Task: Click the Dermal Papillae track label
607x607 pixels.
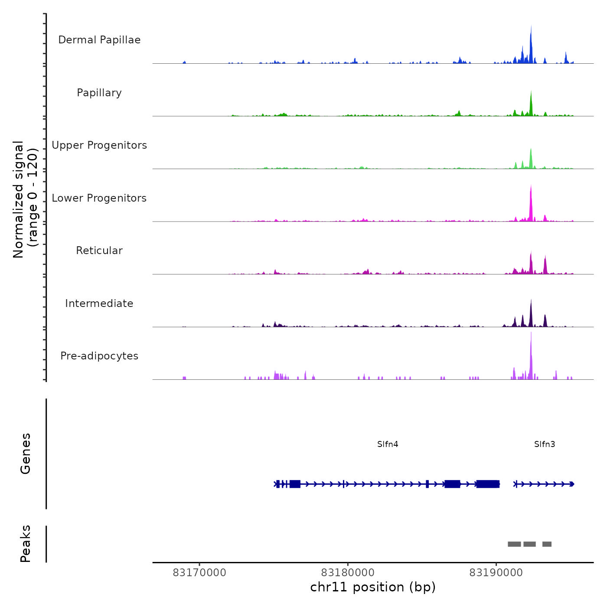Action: [x=99, y=40]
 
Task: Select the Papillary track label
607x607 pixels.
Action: [x=99, y=93]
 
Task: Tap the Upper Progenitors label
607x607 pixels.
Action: [x=99, y=145]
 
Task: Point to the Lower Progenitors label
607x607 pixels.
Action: [x=99, y=198]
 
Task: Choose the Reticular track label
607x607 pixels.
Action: [x=99, y=251]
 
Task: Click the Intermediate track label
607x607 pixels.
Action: [x=99, y=303]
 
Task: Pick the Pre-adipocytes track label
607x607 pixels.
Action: [x=99, y=356]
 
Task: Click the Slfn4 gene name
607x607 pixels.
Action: [x=388, y=444]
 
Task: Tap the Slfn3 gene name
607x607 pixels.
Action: [x=545, y=444]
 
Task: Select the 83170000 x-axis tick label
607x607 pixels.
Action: [x=199, y=573]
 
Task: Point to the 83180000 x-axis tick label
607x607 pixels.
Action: [x=348, y=573]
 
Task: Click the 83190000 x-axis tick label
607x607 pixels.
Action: [x=496, y=573]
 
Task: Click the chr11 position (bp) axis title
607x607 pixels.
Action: [x=373, y=587]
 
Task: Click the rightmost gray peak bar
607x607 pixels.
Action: [x=547, y=544]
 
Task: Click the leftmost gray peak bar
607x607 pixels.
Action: [x=514, y=544]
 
